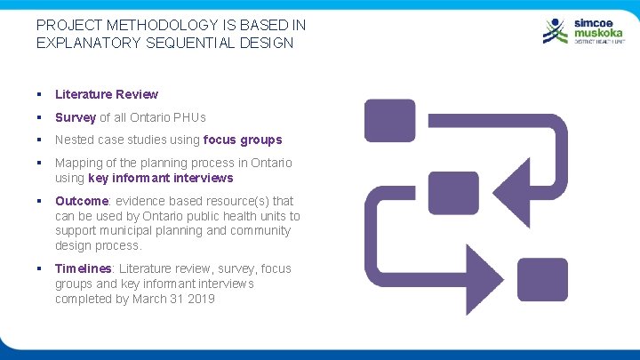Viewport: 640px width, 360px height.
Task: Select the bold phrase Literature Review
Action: click(x=107, y=94)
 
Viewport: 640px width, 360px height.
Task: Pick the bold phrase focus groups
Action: click(x=243, y=140)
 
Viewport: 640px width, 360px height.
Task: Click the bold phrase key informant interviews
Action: click(x=161, y=178)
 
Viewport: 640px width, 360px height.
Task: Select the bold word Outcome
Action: click(x=83, y=201)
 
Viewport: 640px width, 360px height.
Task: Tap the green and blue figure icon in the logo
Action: click(x=555, y=30)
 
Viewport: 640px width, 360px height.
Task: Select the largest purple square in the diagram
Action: click(x=389, y=121)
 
